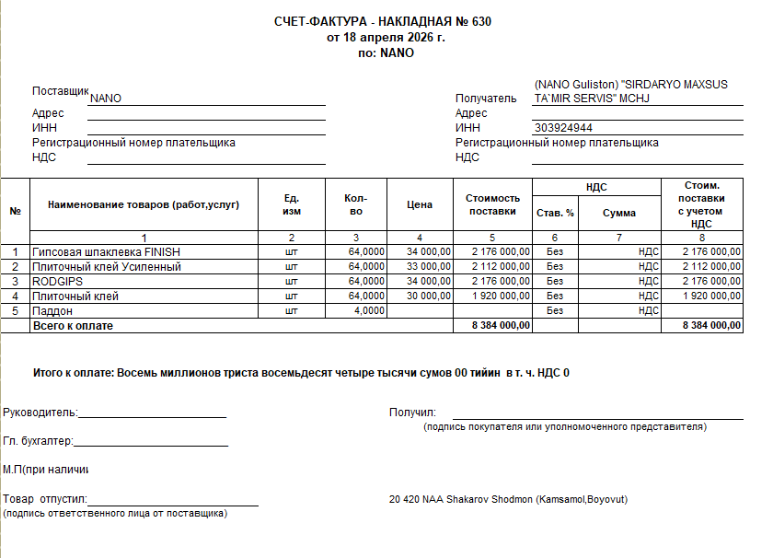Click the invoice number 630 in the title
[x=480, y=22]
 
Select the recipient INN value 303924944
[x=563, y=128]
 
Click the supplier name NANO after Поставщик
[x=106, y=99]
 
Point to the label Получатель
[x=487, y=99]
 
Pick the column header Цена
[x=419, y=204]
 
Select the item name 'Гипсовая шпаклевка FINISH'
[x=107, y=251]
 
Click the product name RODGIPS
[x=58, y=281]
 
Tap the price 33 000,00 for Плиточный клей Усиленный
[x=421, y=266]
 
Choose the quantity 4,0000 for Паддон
[x=367, y=310]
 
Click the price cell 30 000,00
[x=421, y=296]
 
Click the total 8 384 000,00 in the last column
[x=711, y=326]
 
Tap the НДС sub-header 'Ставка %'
[x=555, y=213]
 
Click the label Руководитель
[x=40, y=413]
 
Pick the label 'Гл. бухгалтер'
[x=38, y=441]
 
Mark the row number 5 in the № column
[x=16, y=310]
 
